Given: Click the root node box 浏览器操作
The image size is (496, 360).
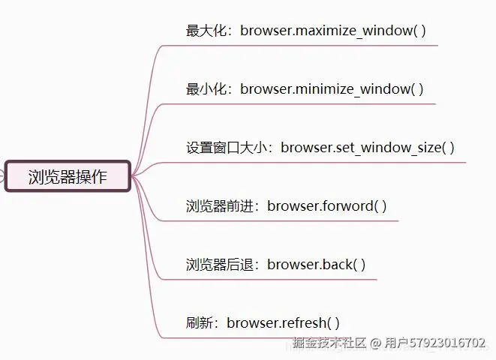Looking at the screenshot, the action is click(x=68, y=177).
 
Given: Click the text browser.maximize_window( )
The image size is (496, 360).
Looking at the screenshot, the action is click(x=333, y=31).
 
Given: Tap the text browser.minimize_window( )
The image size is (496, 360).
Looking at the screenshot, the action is click(x=332, y=89).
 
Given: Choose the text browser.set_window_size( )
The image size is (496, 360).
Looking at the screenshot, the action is click(x=368, y=148).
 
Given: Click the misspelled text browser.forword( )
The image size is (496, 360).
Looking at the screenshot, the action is click(x=327, y=206).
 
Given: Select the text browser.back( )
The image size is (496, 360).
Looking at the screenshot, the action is click(x=317, y=265).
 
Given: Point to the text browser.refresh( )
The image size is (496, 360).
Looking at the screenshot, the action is click(x=284, y=323).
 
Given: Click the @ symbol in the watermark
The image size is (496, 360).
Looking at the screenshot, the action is click(x=375, y=343).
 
